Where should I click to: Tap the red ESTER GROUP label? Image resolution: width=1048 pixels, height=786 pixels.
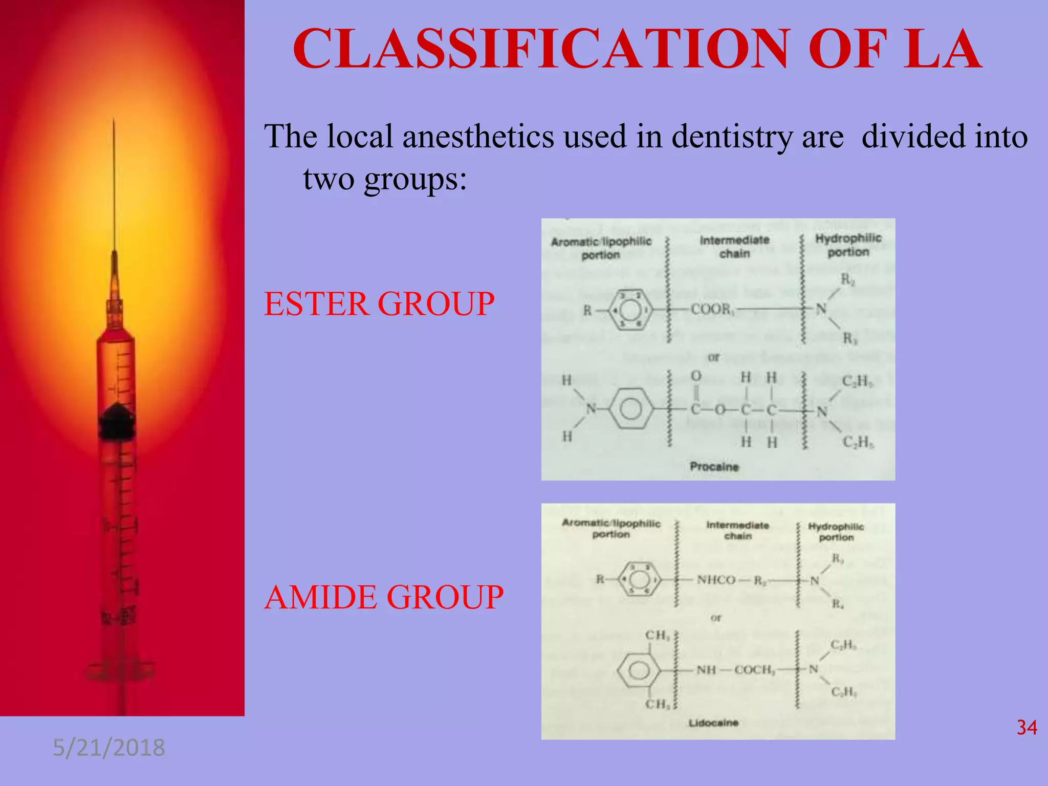coord(379,304)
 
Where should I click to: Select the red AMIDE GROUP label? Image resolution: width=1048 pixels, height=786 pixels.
coord(384,597)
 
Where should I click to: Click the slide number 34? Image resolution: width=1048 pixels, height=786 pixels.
coord(1027,728)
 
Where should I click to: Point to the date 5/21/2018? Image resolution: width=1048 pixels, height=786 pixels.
coord(109,748)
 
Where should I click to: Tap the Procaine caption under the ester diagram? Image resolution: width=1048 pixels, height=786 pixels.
coord(714,467)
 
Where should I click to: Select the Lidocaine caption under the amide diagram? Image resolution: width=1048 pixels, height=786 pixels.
coord(713,723)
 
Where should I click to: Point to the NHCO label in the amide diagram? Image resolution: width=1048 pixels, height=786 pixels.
coord(716,580)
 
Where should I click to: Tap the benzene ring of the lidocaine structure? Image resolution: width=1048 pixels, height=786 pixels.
coord(638,670)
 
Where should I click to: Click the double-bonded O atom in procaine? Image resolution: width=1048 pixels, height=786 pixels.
coord(696,376)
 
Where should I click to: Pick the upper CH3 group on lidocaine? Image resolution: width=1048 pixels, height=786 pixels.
coord(657,636)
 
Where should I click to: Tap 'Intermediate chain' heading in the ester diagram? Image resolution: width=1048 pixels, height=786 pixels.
coord(734,247)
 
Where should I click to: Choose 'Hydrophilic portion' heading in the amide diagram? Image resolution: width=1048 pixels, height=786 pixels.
coord(836,532)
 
